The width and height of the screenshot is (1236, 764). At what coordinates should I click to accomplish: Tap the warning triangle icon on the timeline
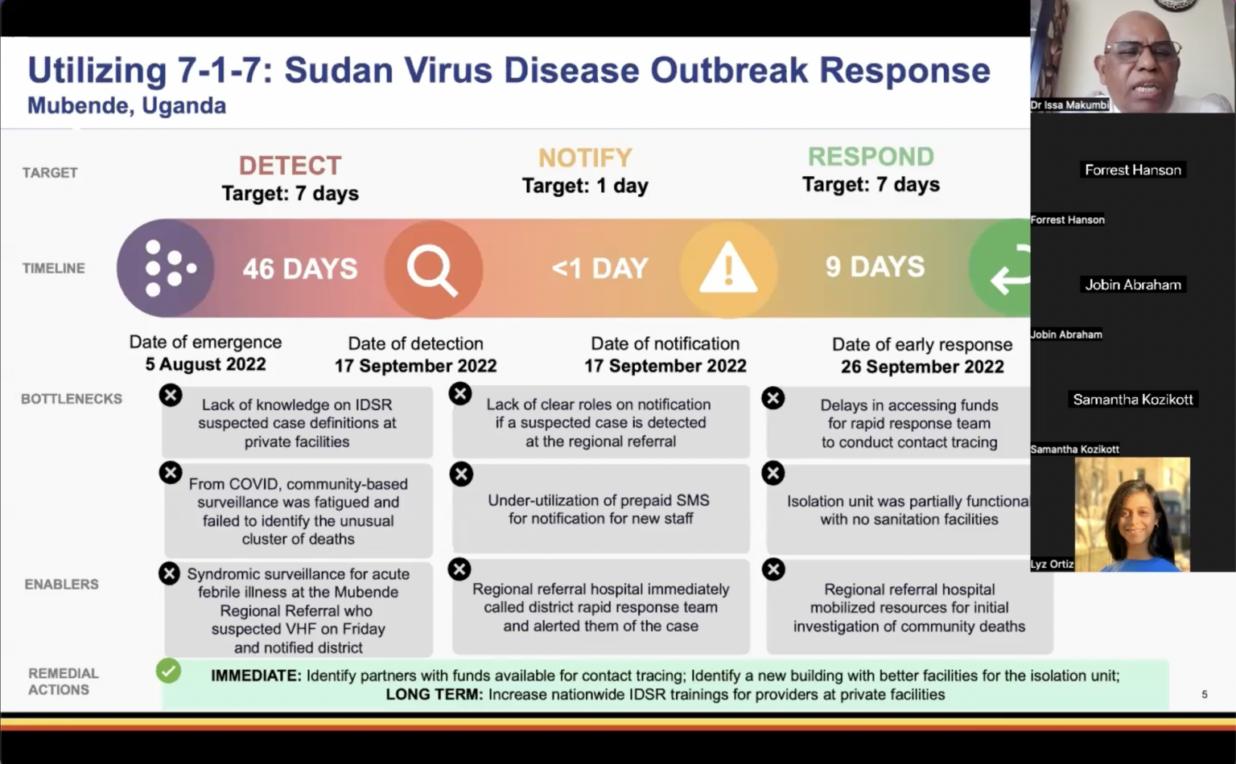pos(728,268)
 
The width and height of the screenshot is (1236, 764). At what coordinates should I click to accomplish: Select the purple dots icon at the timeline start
pos(167,268)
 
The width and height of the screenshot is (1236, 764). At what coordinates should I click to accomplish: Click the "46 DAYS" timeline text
pos(300,269)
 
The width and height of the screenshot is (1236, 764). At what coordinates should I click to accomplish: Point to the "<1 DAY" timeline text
pos(600,268)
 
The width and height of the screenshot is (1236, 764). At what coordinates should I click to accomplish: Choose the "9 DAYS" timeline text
pos(875,267)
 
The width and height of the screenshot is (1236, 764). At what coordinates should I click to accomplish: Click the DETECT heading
pos(290,166)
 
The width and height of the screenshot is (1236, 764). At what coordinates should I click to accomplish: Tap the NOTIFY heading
pos(585,158)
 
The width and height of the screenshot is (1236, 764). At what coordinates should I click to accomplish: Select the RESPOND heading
pos(871,156)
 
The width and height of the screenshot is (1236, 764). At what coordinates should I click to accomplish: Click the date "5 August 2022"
pos(205,364)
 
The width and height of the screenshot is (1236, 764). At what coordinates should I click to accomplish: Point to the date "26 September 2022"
pos(922,367)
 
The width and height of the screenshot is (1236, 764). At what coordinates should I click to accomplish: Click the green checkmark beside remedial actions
pos(169,671)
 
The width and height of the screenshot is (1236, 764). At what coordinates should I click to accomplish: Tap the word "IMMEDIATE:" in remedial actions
pos(256,676)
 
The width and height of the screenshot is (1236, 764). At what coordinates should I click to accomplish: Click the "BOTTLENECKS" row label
pos(72,399)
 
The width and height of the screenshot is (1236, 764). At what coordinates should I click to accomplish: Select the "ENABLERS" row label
pos(61,585)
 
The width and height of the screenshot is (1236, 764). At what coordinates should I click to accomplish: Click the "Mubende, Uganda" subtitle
pos(126,106)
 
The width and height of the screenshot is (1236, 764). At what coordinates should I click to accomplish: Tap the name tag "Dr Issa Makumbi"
pos(1069,105)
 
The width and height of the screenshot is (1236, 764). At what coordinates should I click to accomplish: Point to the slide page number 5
pos(1204,694)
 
